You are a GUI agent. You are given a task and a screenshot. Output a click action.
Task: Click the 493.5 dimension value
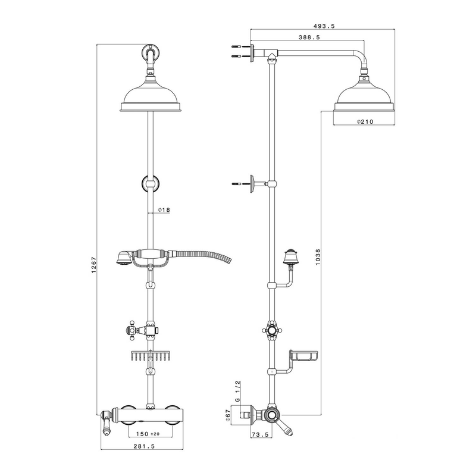[324, 26]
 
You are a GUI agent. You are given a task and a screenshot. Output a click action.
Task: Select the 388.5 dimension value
[309, 37]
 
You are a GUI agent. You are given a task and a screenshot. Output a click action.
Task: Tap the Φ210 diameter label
[365, 122]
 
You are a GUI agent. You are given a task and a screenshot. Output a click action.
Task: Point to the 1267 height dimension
[93, 265]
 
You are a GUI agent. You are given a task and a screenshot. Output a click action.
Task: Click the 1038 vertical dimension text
[318, 257]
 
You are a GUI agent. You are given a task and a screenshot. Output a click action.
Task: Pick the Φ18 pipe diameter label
[164, 210]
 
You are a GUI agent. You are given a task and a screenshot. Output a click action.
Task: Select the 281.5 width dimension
[144, 446]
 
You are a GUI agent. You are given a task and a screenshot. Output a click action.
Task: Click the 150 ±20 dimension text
[148, 434]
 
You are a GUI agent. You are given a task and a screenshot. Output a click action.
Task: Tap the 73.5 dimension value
[261, 434]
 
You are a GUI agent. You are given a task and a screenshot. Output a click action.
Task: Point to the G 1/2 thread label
[238, 392]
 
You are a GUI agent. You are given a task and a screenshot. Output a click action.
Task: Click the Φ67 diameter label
[229, 415]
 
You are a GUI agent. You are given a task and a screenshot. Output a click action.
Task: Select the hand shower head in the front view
[123, 258]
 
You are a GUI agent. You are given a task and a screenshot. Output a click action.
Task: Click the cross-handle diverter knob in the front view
[133, 330]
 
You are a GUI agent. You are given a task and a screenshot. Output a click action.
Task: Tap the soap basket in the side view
[303, 355]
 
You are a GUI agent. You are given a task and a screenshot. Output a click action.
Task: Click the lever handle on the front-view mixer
[107, 422]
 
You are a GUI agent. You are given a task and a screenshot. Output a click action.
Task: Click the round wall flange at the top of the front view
[151, 53]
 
